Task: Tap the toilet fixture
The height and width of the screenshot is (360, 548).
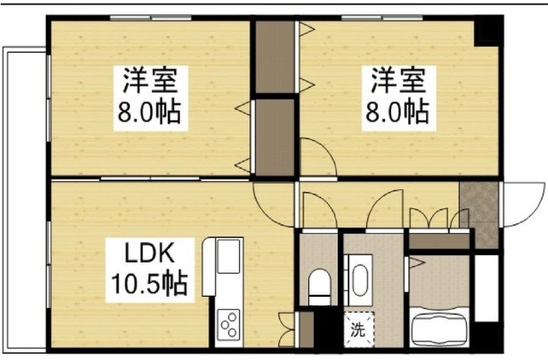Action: point(319,285)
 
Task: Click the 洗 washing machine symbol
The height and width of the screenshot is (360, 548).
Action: point(357,330)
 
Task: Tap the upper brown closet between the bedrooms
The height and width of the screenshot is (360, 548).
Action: point(274,56)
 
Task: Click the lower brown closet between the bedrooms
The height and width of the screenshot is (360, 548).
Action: point(274,137)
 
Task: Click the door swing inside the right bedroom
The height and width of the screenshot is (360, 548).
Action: point(316,156)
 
